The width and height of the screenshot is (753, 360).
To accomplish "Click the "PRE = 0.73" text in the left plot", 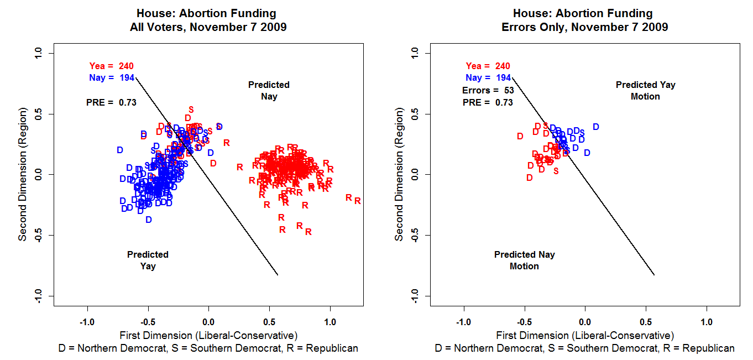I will pos(111,102).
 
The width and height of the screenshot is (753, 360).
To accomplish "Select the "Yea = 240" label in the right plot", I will pos(488,66).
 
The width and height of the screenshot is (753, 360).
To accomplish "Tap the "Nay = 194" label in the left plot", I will pos(111,78).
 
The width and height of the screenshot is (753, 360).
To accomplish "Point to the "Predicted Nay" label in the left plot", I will pos(269,91).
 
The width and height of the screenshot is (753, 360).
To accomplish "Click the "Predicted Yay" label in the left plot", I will pos(148,260).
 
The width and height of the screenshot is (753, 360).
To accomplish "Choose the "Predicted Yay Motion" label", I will pos(645,91).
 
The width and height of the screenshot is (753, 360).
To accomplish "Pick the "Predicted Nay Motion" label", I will pos(524,260).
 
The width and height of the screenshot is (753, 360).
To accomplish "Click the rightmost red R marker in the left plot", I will pos(358,201).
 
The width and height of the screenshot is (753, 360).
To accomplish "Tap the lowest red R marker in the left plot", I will pos(308,232).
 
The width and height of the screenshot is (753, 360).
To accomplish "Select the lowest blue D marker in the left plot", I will pos(149,220).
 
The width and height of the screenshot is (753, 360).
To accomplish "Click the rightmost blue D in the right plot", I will pos(595,127).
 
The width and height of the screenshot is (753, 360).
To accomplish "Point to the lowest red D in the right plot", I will pos(530,178).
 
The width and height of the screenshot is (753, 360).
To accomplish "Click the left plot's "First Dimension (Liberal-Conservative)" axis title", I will pos(208,335).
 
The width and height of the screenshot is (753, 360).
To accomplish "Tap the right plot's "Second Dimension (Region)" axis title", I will pos(399,175).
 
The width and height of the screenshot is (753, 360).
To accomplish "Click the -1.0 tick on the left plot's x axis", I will pos(87,321).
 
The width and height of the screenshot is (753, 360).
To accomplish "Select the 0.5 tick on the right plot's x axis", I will pos(646,321).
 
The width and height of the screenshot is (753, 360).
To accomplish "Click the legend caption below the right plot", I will pos(584,348).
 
